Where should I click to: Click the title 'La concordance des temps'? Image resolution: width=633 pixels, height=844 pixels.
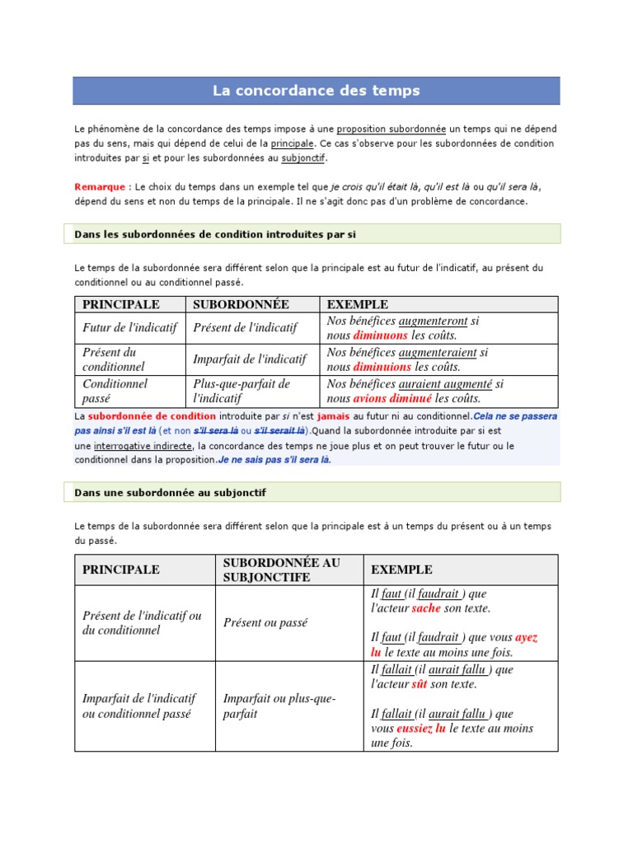click(x=316, y=91)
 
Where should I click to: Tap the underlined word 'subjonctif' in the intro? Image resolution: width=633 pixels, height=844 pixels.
click(x=304, y=157)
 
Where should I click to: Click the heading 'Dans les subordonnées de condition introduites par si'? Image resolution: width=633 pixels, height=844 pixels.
click(x=214, y=234)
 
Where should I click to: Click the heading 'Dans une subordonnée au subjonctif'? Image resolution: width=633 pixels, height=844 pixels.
click(x=170, y=492)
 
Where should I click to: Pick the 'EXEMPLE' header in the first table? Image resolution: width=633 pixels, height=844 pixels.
click(x=357, y=304)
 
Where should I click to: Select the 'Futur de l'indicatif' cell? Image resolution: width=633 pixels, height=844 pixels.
click(x=129, y=327)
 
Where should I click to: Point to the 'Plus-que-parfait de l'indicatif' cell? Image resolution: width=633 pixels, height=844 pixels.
click(x=241, y=391)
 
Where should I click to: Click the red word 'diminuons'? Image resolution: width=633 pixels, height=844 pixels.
click(x=380, y=335)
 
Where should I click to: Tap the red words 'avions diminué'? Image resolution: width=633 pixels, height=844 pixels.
click(x=392, y=398)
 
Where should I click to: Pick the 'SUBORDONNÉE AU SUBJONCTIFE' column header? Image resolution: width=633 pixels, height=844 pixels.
click(x=281, y=570)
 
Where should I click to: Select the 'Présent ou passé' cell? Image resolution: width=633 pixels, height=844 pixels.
click(x=265, y=623)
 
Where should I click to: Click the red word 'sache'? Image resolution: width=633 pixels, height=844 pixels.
click(x=426, y=608)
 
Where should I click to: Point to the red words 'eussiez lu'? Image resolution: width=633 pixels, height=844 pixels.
click(x=420, y=729)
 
